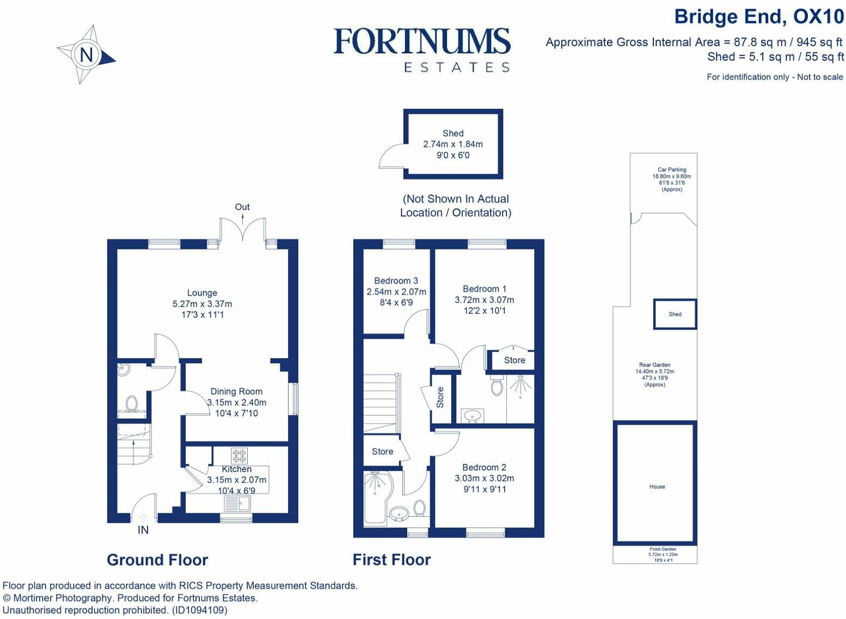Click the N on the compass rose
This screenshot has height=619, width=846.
(x=87, y=55)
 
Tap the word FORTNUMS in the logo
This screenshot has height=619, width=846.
(x=422, y=41)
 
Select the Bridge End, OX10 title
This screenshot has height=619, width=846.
(x=759, y=17)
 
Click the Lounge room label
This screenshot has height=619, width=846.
(x=202, y=293)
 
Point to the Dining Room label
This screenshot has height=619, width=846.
(x=236, y=391)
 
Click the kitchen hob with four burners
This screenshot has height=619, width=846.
(x=239, y=456)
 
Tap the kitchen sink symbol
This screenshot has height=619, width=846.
(x=237, y=503)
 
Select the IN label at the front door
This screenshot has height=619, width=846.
(x=143, y=530)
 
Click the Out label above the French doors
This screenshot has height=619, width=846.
(x=242, y=207)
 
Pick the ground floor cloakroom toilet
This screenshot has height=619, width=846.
(x=131, y=403)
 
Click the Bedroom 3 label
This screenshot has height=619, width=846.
(x=396, y=280)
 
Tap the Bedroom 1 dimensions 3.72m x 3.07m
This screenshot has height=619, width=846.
(x=484, y=300)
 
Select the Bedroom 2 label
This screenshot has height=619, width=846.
(x=484, y=467)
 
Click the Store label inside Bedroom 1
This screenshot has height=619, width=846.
(x=514, y=360)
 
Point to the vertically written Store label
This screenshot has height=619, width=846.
(x=440, y=397)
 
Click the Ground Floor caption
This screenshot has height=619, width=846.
(x=157, y=560)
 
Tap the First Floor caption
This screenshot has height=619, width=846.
(x=391, y=560)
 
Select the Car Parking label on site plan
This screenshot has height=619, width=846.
(x=672, y=169)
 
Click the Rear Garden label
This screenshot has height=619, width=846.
(x=654, y=365)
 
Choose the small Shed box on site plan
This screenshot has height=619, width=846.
(x=675, y=314)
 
